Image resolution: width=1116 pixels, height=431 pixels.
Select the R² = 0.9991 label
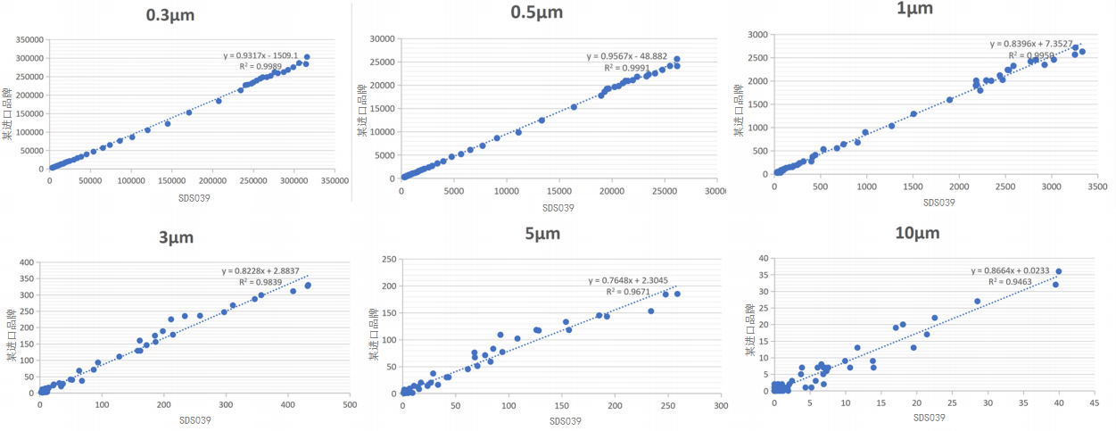tap(628, 68)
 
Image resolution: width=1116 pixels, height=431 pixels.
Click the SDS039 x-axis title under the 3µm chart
tap(195, 419)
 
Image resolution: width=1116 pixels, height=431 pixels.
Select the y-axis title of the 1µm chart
tap(738, 111)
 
